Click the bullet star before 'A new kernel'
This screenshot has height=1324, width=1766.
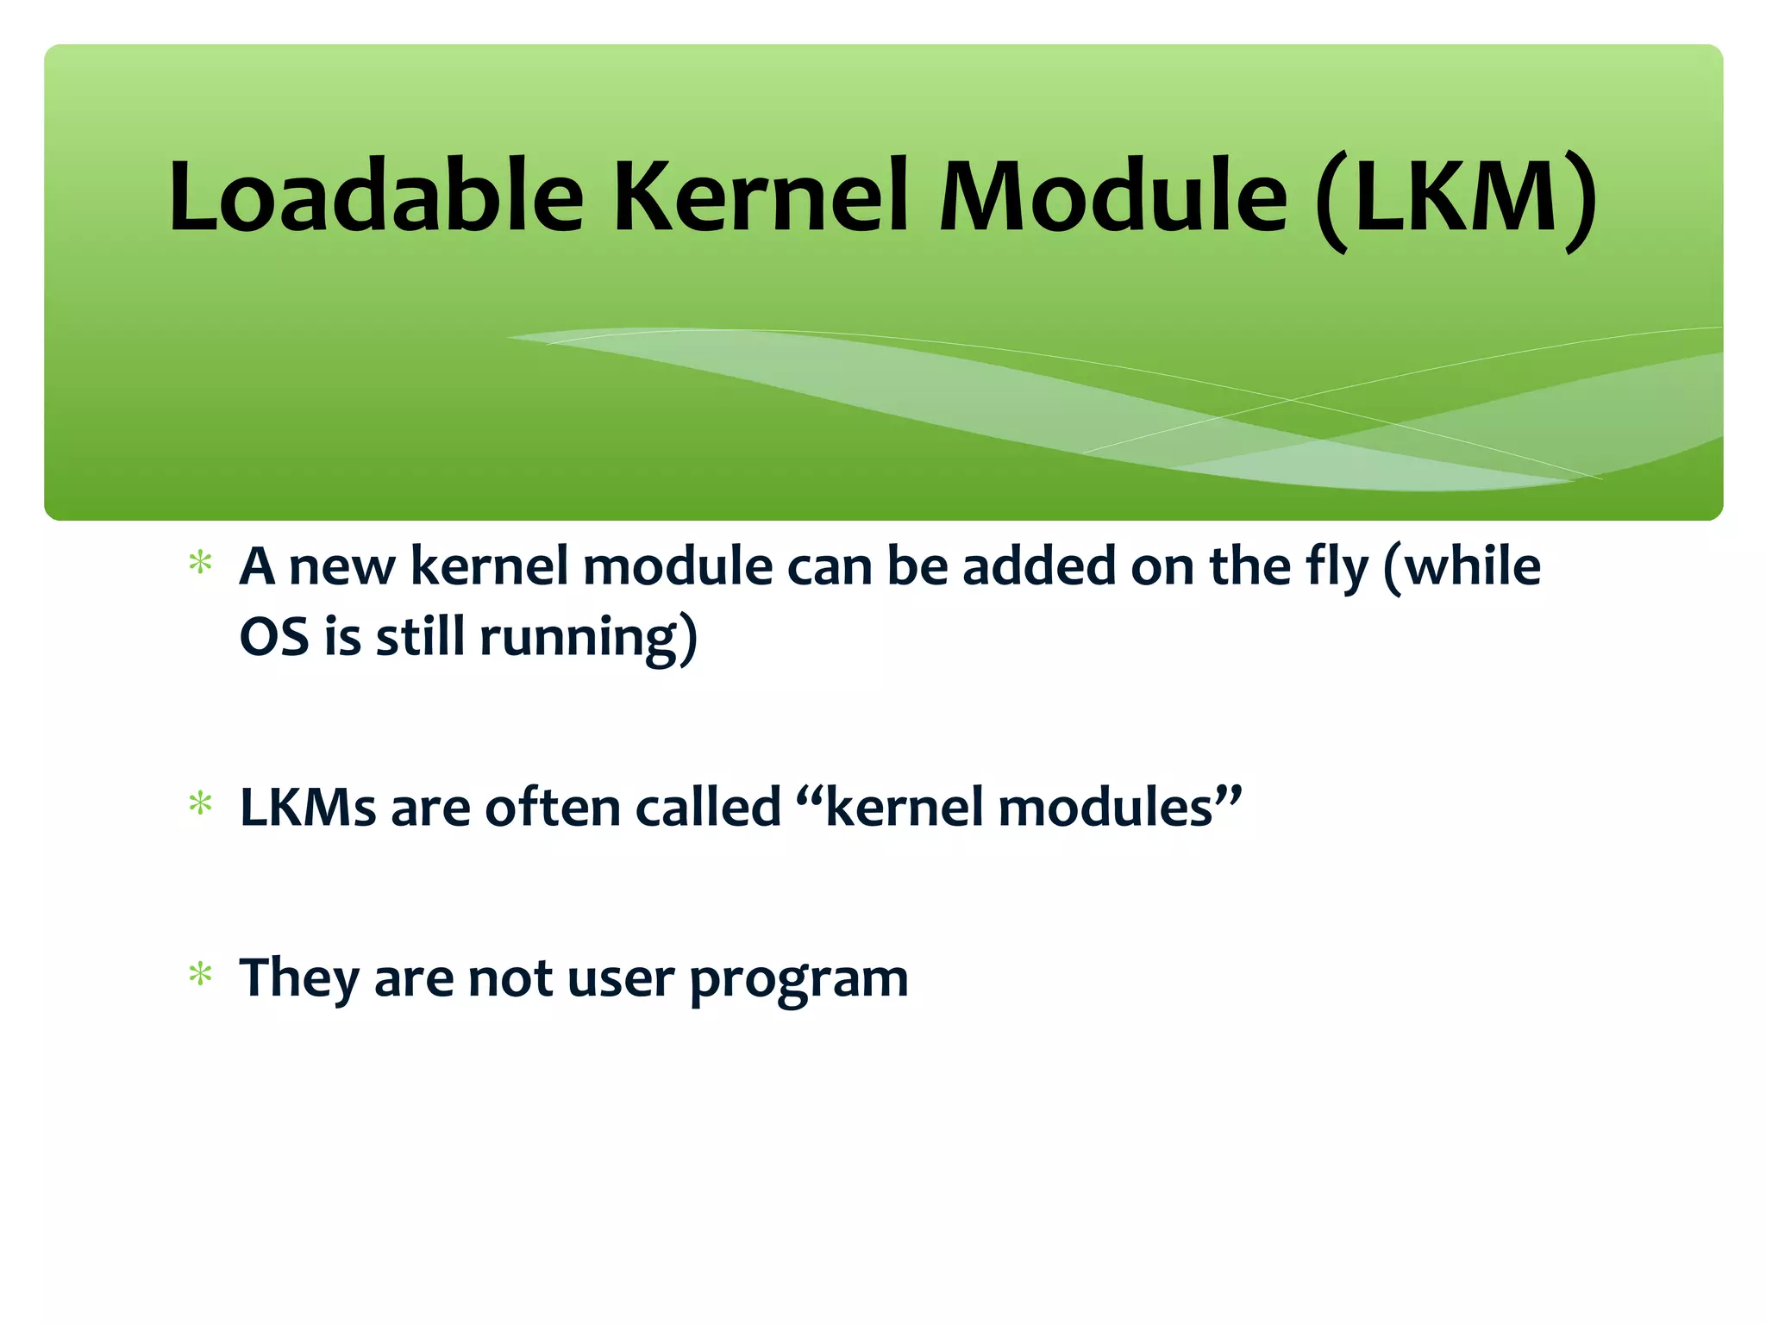[201, 564]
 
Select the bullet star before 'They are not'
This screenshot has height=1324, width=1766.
[201, 975]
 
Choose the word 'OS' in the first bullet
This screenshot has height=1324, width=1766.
[273, 637]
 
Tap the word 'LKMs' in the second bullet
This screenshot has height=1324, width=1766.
[308, 808]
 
